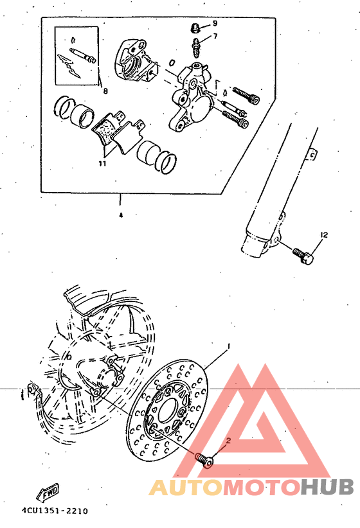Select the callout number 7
(215, 36)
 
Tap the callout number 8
(105, 91)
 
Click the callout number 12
(324, 236)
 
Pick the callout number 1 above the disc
(228, 347)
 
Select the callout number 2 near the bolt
(227, 441)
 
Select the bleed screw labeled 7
(195, 47)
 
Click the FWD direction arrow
(49, 493)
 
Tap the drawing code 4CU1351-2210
(54, 511)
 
